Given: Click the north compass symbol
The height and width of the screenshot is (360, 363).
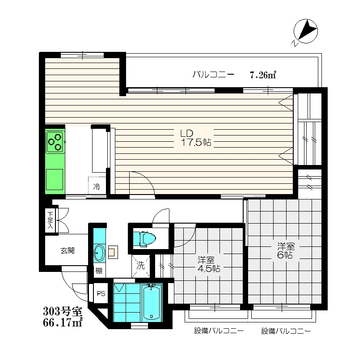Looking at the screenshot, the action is coord(306,31).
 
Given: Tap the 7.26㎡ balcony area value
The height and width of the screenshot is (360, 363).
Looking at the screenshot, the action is coord(263,75).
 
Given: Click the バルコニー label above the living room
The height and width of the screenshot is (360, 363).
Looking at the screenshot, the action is coord(213,74).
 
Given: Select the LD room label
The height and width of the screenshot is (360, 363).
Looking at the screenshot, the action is coord(186,133).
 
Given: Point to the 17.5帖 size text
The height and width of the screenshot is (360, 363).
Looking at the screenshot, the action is coord(196,142).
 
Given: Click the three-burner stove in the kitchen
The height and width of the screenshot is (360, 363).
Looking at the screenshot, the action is coord(55,142).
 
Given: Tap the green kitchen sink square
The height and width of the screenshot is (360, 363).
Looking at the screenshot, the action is coord(55,179).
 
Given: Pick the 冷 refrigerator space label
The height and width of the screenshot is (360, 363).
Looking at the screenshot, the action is coord(97,186).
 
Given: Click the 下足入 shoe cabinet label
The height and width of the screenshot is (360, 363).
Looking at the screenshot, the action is coord(50,220).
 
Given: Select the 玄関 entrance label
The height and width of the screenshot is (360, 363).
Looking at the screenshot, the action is coord(68,250).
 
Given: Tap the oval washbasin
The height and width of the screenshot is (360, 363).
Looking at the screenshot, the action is coord(100,253).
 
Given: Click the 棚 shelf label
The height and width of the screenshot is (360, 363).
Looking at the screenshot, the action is coord(99,271).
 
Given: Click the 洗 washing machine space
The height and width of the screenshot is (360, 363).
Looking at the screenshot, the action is coord(140,266).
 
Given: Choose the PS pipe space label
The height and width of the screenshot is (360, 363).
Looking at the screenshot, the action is coord(101,293).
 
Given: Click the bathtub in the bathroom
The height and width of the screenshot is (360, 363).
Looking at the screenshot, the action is coord(152,303).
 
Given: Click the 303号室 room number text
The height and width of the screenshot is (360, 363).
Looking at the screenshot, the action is coord(63,311).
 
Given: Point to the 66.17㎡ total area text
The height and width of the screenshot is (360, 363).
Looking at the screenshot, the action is coord(63,322).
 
